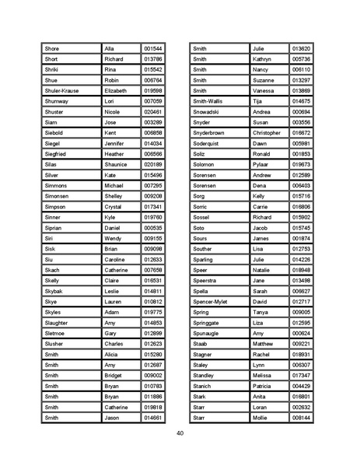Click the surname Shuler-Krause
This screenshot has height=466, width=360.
(62, 90)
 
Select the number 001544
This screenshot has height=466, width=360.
(153, 48)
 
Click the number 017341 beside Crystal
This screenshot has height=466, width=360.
(153, 207)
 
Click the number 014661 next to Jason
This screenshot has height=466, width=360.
(153, 418)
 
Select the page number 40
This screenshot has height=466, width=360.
(180, 433)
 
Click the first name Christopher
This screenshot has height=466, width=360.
(267, 133)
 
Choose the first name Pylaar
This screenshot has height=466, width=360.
(261, 164)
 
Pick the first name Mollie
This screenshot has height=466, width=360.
(260, 418)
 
